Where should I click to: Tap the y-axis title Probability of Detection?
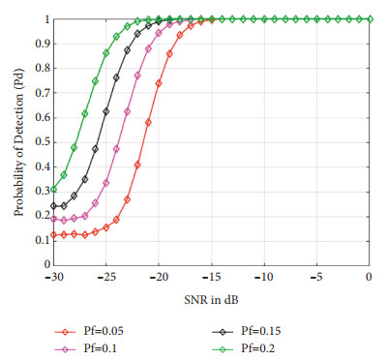click(x=17, y=140)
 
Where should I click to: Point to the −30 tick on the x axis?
click(x=52, y=278)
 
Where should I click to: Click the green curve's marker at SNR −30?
click(x=53, y=189)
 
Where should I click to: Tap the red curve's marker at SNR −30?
click(x=53, y=234)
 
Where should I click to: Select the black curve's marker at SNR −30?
click(x=53, y=205)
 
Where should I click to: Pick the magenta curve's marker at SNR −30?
click(x=53, y=219)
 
